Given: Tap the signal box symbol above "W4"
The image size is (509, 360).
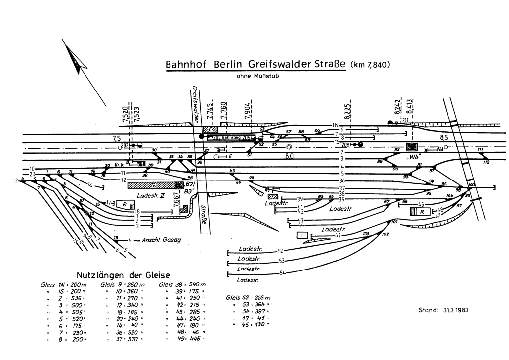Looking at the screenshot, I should coord(411,147).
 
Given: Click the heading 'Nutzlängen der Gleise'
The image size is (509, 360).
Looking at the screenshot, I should coord(122,275).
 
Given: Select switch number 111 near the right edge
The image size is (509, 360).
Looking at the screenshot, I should coord(480,150).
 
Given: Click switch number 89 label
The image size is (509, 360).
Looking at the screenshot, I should coord(380,161).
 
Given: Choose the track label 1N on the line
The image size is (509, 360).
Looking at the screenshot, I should coord(336,125).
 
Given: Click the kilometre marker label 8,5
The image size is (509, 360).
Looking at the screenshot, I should coord(444,137).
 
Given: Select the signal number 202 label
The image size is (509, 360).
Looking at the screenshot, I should coord(125,145).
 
